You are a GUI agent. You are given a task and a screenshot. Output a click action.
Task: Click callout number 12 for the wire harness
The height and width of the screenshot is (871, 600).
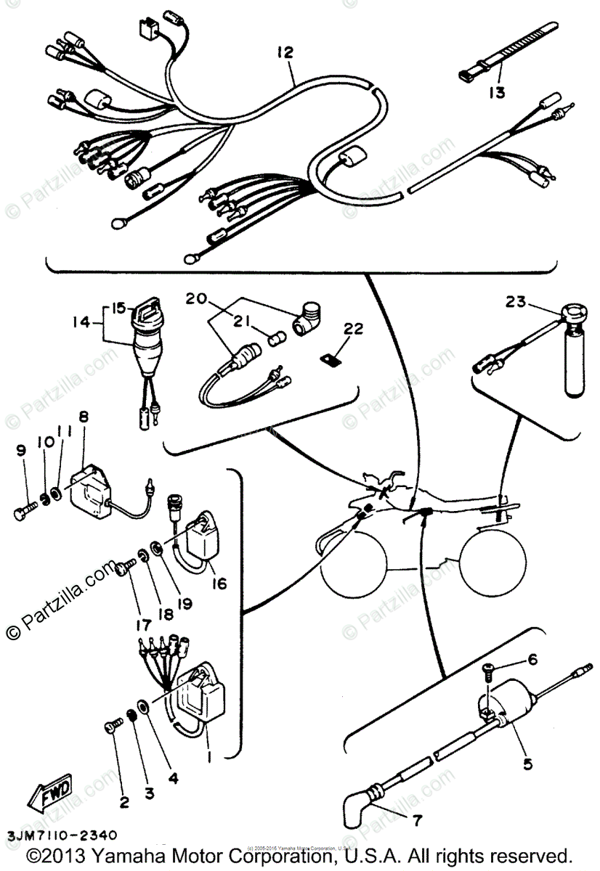(x=285, y=52)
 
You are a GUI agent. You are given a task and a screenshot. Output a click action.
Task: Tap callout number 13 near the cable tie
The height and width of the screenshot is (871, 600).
(x=498, y=92)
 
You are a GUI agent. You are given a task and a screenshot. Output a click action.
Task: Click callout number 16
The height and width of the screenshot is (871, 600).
(x=219, y=583)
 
